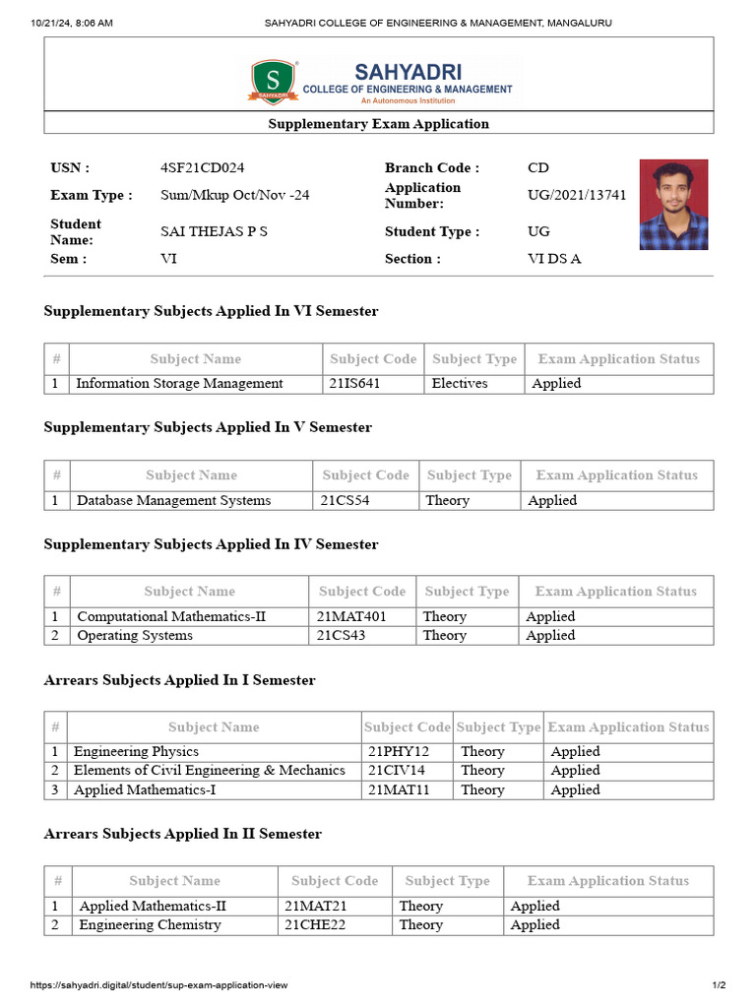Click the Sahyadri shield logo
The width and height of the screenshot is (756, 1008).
273,82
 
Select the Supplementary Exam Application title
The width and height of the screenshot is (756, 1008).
378,124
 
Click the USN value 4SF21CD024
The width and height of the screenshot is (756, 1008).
202,168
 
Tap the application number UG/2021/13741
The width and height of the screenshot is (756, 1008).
576,195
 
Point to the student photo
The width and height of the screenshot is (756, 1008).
673,205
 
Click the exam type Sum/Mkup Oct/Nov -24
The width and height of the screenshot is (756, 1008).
234,195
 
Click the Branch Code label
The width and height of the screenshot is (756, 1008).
432,168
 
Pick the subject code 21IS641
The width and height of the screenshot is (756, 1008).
354,384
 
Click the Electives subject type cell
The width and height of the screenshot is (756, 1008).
460,384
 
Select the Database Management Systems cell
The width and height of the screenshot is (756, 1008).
173,500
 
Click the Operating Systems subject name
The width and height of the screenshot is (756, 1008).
135,636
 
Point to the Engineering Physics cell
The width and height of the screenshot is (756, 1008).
136,752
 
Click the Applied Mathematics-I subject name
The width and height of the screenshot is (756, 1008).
143,789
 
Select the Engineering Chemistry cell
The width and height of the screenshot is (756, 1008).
150,925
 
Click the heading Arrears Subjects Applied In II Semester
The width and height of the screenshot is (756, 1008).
183,834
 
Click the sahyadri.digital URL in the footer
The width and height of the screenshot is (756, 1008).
158,985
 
